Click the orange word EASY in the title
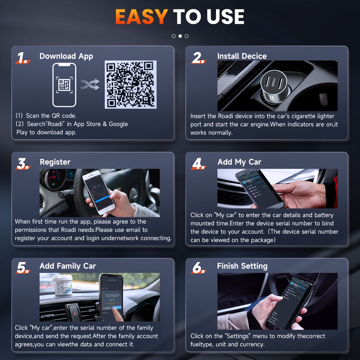[141, 17]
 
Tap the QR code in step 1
[131, 85]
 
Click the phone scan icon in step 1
[64, 85]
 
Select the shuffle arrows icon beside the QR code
[90, 85]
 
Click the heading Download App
[66, 56]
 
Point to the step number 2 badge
[198, 58]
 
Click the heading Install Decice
[242, 56]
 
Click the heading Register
[55, 162]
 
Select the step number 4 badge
[198, 164]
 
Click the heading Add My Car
[239, 162]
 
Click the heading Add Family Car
[68, 266]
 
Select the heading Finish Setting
[242, 266]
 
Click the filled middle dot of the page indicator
[180, 36]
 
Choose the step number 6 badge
[198, 267]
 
